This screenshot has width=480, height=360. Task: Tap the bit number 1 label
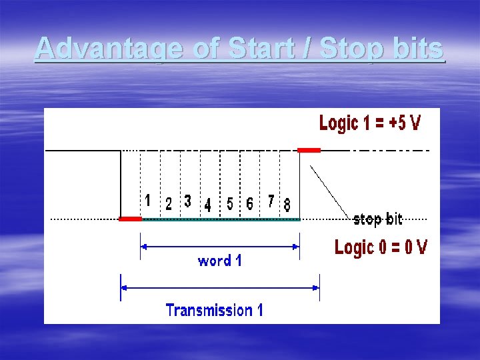pos(147,200)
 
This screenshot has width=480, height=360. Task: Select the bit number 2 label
pos(169,204)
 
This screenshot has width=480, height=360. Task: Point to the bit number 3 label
pos(188,201)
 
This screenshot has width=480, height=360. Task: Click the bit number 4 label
pos(208,205)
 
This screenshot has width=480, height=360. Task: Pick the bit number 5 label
pos(230,204)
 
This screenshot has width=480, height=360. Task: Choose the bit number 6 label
pos(249,203)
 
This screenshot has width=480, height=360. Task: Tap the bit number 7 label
pos(271,201)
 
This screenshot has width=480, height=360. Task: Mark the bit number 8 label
pos(287,205)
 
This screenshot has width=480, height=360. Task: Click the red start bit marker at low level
pos(130,219)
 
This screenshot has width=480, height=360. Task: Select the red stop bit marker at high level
pos(309,150)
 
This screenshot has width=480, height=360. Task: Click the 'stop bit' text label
pos(377,219)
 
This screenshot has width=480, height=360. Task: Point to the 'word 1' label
pos(219,261)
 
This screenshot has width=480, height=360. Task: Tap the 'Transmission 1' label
pos(214,310)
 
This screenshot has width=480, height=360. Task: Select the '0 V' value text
pos(411,247)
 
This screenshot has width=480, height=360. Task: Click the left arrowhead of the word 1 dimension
pos(143,246)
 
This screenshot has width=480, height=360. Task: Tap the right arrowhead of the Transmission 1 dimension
pos(316,288)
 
